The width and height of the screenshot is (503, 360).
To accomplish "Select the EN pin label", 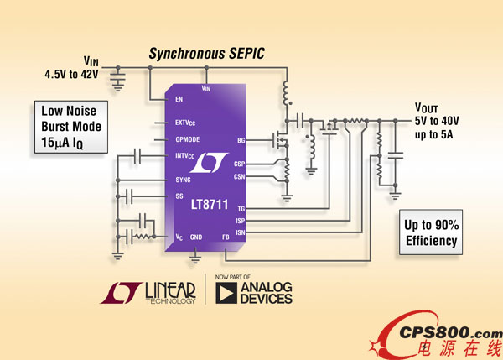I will click(179, 99).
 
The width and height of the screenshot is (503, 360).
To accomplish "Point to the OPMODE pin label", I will click(189, 139).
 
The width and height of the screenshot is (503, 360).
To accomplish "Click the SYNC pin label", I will click(183, 180).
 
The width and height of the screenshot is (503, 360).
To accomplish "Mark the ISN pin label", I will click(240, 231).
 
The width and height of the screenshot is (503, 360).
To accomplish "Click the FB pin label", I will click(226, 237).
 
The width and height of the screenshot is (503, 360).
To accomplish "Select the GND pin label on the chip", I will click(196, 237).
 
